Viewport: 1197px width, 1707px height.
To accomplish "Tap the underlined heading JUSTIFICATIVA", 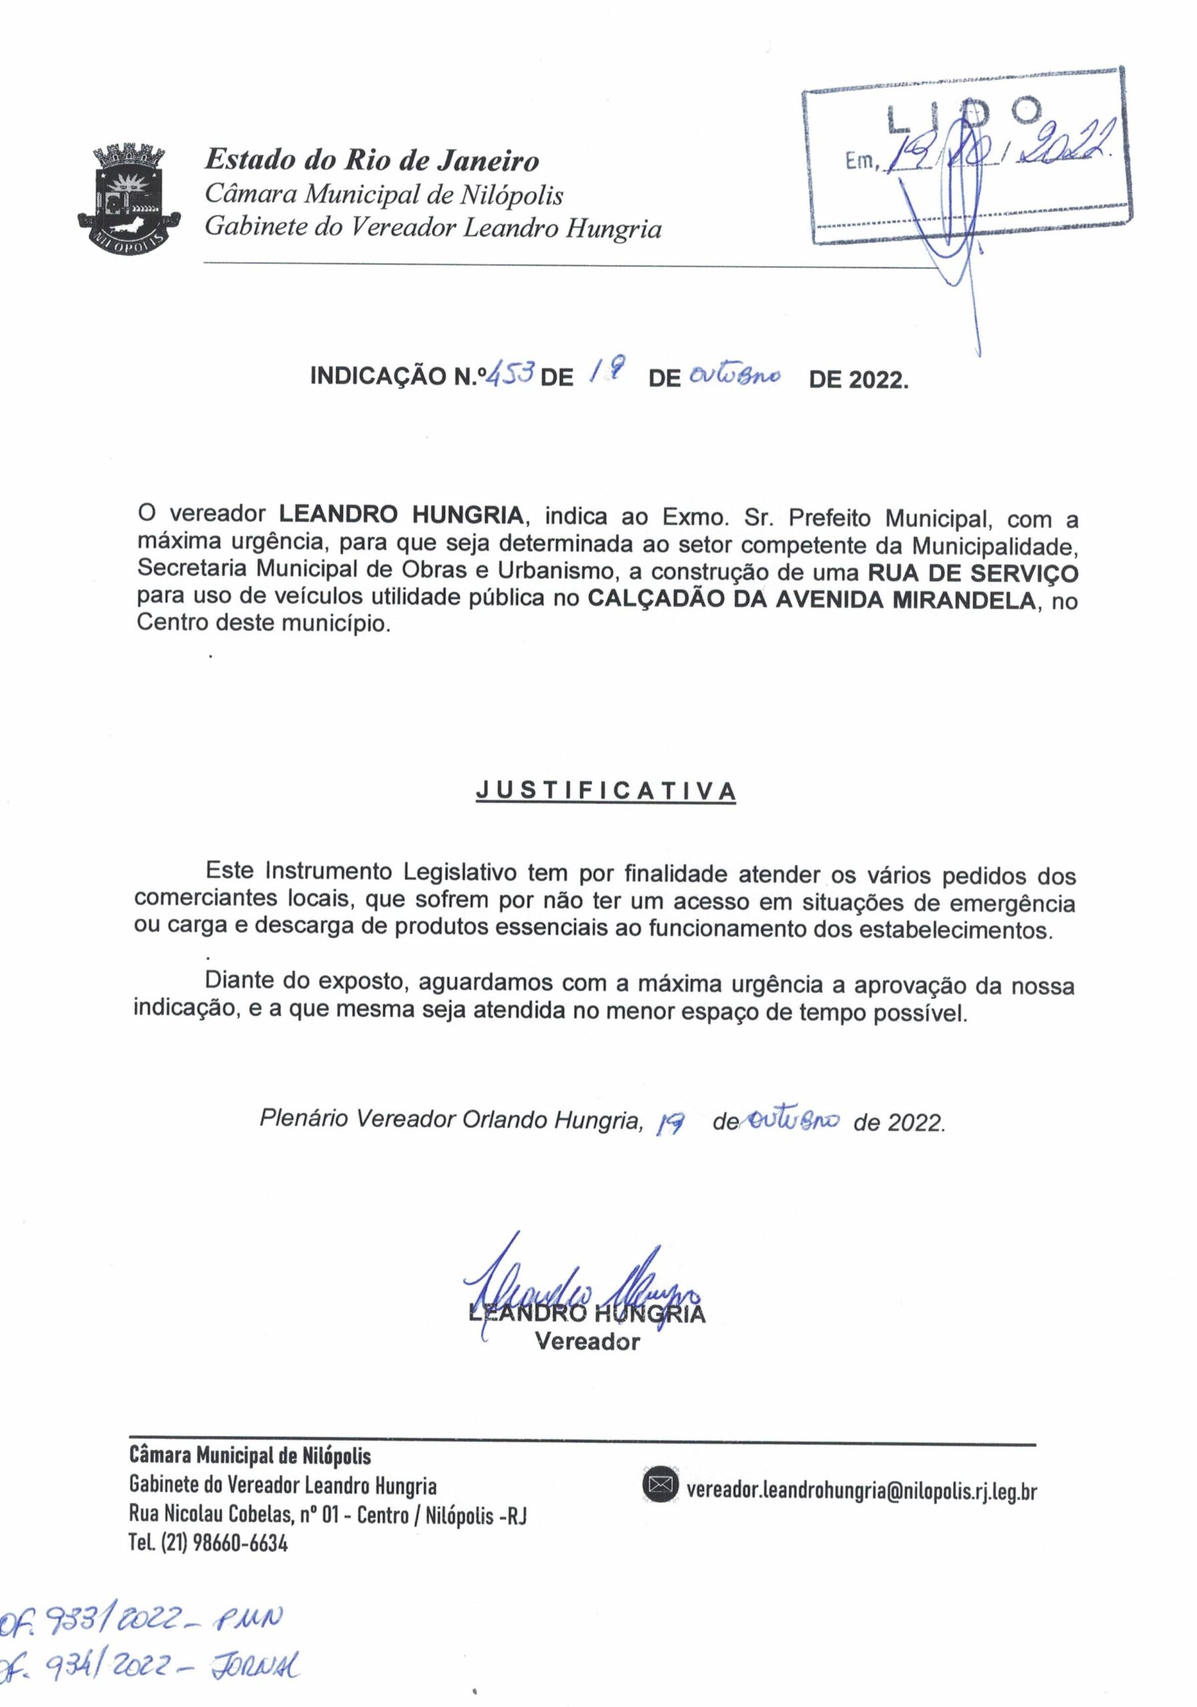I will click(606, 790).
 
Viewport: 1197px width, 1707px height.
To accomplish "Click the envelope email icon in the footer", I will click(660, 1487).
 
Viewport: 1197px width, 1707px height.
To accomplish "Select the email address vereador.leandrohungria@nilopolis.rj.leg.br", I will click(861, 1489).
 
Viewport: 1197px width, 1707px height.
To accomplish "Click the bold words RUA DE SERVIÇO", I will click(971, 573).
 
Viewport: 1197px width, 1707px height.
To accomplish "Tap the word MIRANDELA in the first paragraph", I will click(963, 599).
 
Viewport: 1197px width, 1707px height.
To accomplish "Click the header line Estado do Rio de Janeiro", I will click(372, 159).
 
